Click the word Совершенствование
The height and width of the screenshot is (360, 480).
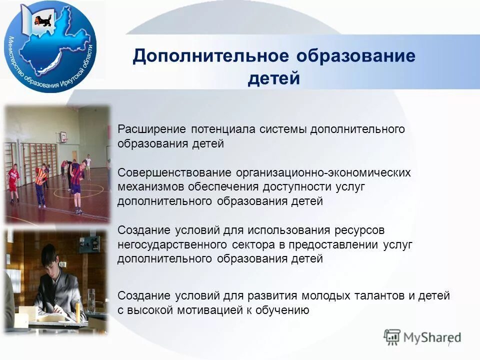[x=173, y=172]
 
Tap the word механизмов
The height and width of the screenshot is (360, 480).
[x=151, y=186]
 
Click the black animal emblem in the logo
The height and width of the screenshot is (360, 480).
[x=39, y=20]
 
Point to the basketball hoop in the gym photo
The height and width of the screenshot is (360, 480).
[x=63, y=135]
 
